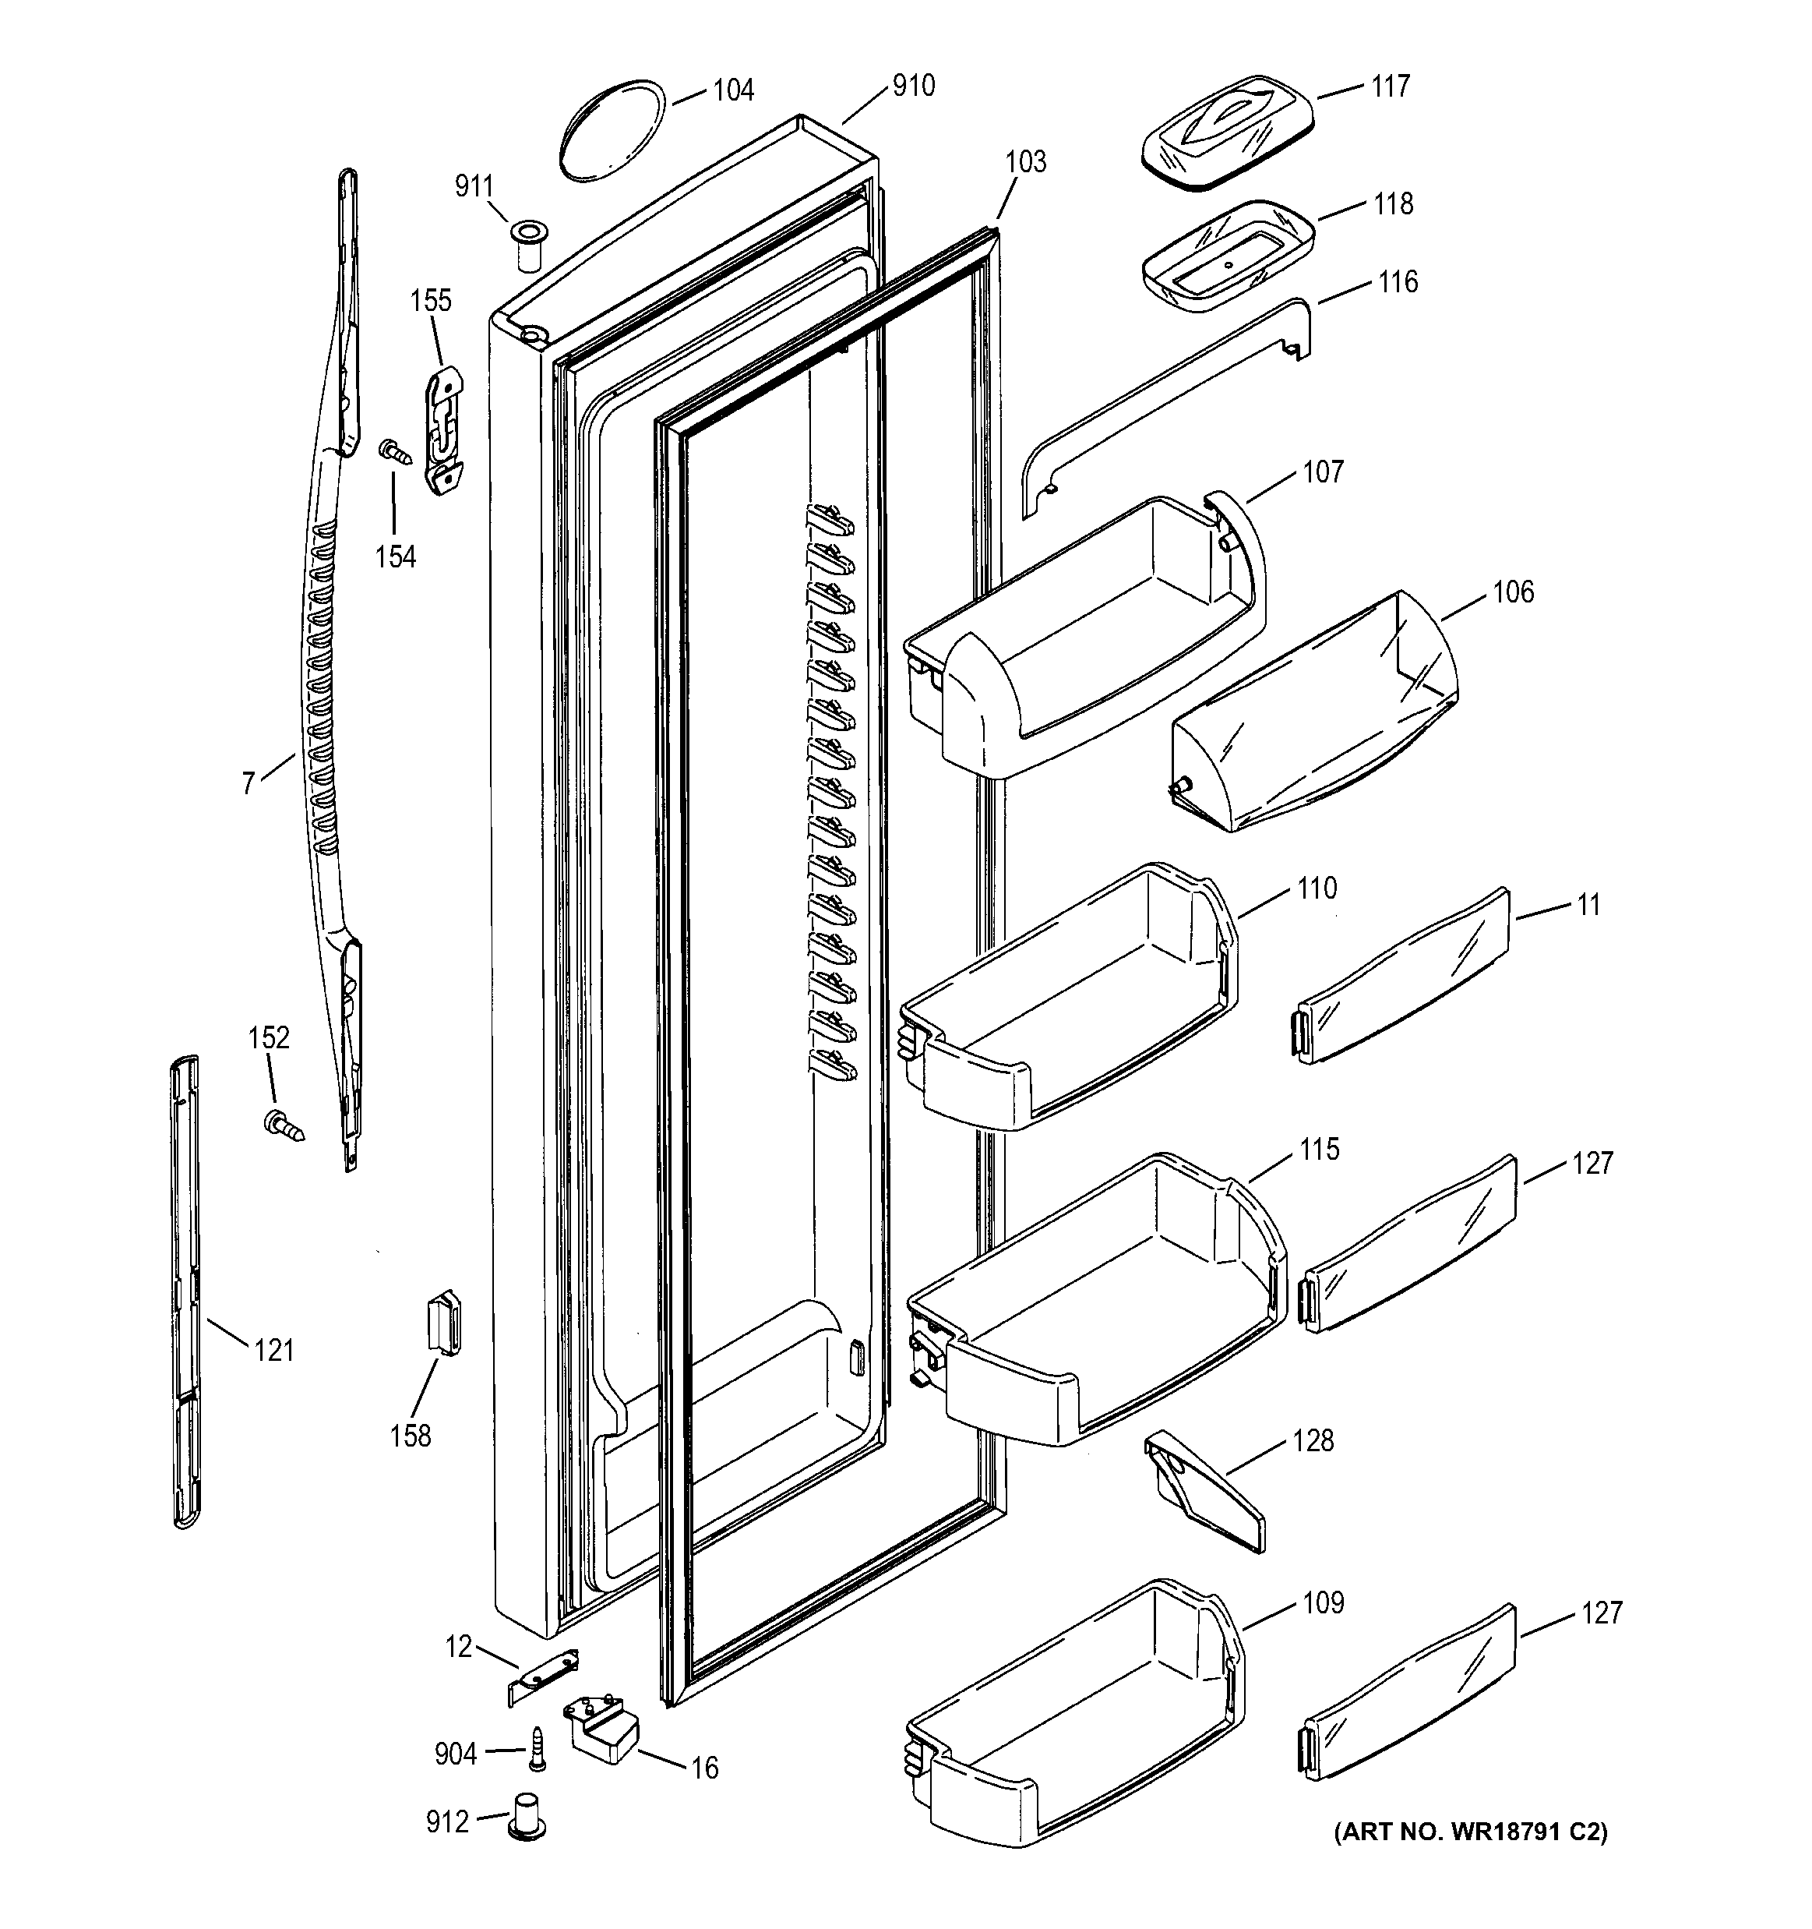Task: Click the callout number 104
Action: coord(732,90)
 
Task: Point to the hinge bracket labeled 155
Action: coord(444,431)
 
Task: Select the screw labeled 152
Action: coord(282,1125)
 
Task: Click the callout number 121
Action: coord(273,1350)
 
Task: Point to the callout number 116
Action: coord(1398,282)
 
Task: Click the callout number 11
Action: coord(1588,906)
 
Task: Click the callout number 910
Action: coord(913,87)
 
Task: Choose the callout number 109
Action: coord(1323,1602)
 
